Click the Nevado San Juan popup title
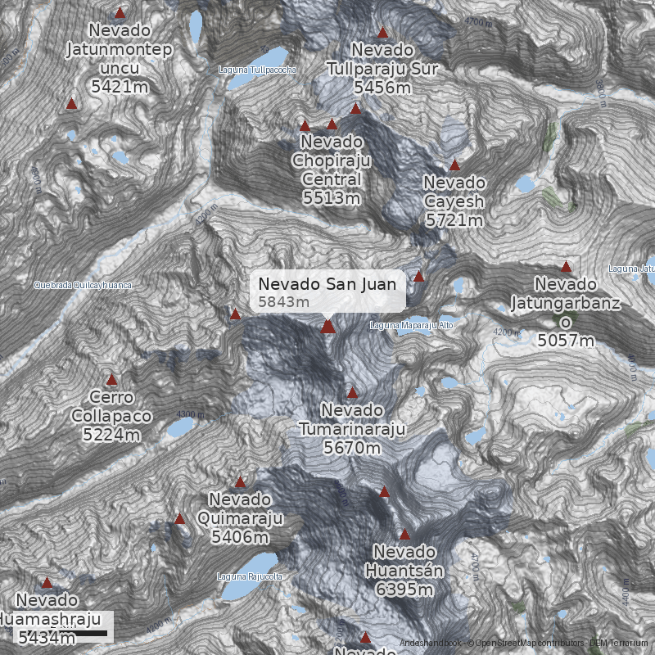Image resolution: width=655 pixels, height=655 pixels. pyautogui.click(x=327, y=284)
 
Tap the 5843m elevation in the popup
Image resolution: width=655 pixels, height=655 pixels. pyautogui.click(x=283, y=302)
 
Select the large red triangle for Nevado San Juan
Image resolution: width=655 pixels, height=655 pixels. pyautogui.click(x=328, y=327)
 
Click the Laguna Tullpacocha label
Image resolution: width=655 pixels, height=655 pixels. pyautogui.click(x=257, y=70)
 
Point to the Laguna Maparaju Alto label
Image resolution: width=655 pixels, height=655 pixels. pyautogui.click(x=411, y=325)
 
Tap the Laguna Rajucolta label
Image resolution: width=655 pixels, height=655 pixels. pyautogui.click(x=250, y=576)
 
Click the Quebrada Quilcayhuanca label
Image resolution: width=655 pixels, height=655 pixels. pyautogui.click(x=82, y=285)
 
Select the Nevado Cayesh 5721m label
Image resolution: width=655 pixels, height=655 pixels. pyautogui.click(x=454, y=201)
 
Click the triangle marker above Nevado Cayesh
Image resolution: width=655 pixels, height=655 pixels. pyautogui.click(x=454, y=165)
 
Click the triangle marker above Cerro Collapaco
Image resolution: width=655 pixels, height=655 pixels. pyautogui.click(x=111, y=380)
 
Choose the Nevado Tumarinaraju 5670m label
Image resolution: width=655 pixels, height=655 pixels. pyautogui.click(x=352, y=428)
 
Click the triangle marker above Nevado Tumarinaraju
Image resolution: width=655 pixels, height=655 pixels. pyautogui.click(x=352, y=392)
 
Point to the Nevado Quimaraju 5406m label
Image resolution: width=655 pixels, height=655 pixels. pyautogui.click(x=240, y=518)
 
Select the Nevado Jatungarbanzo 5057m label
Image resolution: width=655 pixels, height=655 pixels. pyautogui.click(x=565, y=312)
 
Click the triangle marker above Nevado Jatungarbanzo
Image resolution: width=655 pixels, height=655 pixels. pyautogui.click(x=566, y=266)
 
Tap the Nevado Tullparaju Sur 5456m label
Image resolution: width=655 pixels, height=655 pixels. pyautogui.click(x=382, y=69)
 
